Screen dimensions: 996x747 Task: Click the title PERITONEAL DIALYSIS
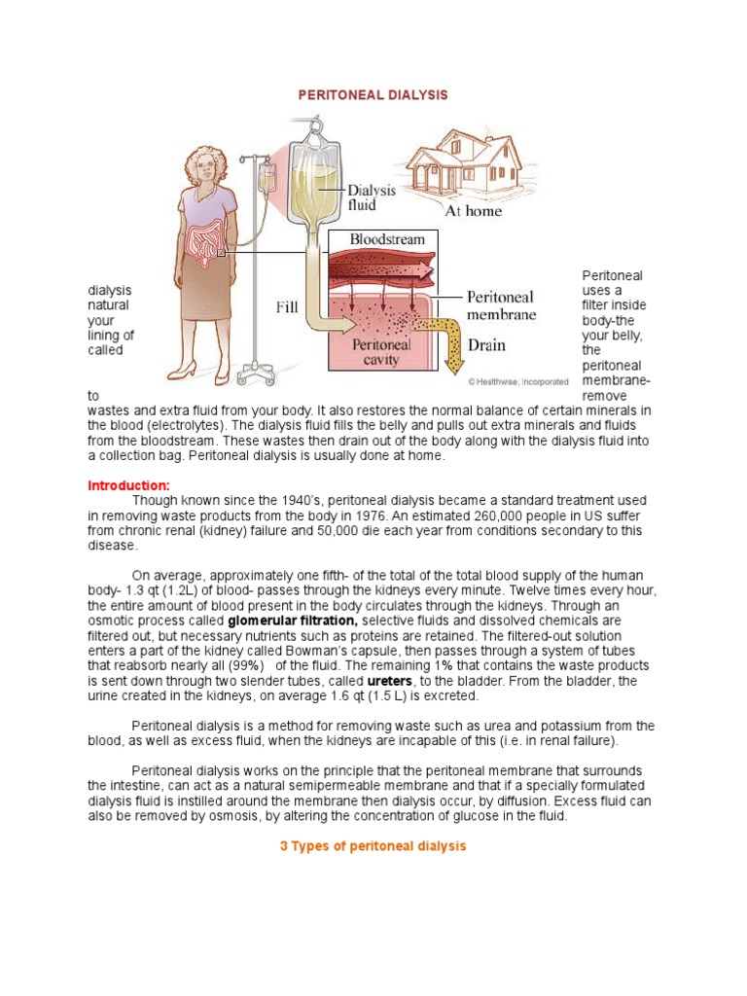pyautogui.click(x=373, y=95)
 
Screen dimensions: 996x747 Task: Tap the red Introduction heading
pyautogui.click(x=128, y=485)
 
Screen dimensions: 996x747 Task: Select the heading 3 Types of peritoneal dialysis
pyautogui.click(x=373, y=846)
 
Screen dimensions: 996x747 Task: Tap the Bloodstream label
pyautogui.click(x=374, y=238)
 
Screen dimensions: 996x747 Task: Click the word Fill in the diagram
pyautogui.click(x=286, y=307)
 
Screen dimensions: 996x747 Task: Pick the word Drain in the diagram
pyautogui.click(x=486, y=344)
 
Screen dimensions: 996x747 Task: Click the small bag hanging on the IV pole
pyautogui.click(x=265, y=178)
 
